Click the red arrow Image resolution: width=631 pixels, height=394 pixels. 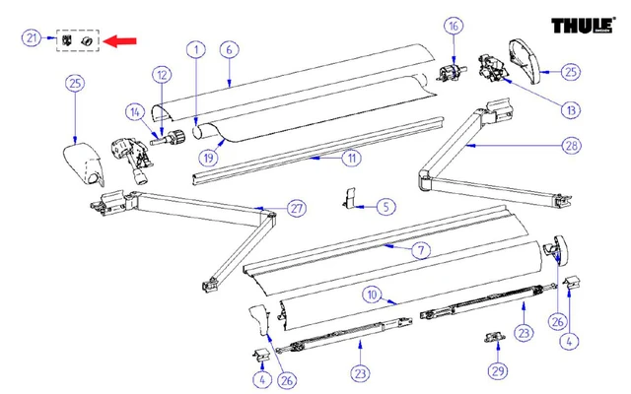pyautogui.click(x=122, y=41)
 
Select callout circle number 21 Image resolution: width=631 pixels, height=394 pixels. pyautogui.click(x=32, y=38)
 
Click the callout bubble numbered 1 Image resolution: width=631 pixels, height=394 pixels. pyautogui.click(x=196, y=48)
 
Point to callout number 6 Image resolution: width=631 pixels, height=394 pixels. pyautogui.click(x=228, y=48)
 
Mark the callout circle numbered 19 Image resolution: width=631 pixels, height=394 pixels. pyautogui.click(x=208, y=157)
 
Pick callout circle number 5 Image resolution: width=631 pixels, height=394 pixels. pyautogui.click(x=386, y=207)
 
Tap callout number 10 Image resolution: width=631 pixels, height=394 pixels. pyautogui.click(x=373, y=294)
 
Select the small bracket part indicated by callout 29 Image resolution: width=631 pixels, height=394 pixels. pyautogui.click(x=494, y=338)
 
